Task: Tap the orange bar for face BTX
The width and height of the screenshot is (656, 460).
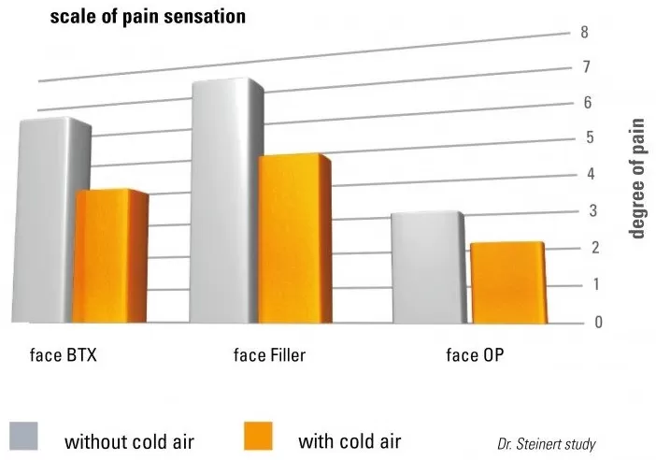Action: (110, 257)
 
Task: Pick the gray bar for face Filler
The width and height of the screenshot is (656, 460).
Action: (222, 201)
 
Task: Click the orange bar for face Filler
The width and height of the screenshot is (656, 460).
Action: (293, 238)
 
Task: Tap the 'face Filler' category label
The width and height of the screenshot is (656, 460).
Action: (269, 355)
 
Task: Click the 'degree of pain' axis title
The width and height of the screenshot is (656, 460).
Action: (638, 178)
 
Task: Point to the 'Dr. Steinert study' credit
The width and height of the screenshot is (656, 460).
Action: (546, 444)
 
